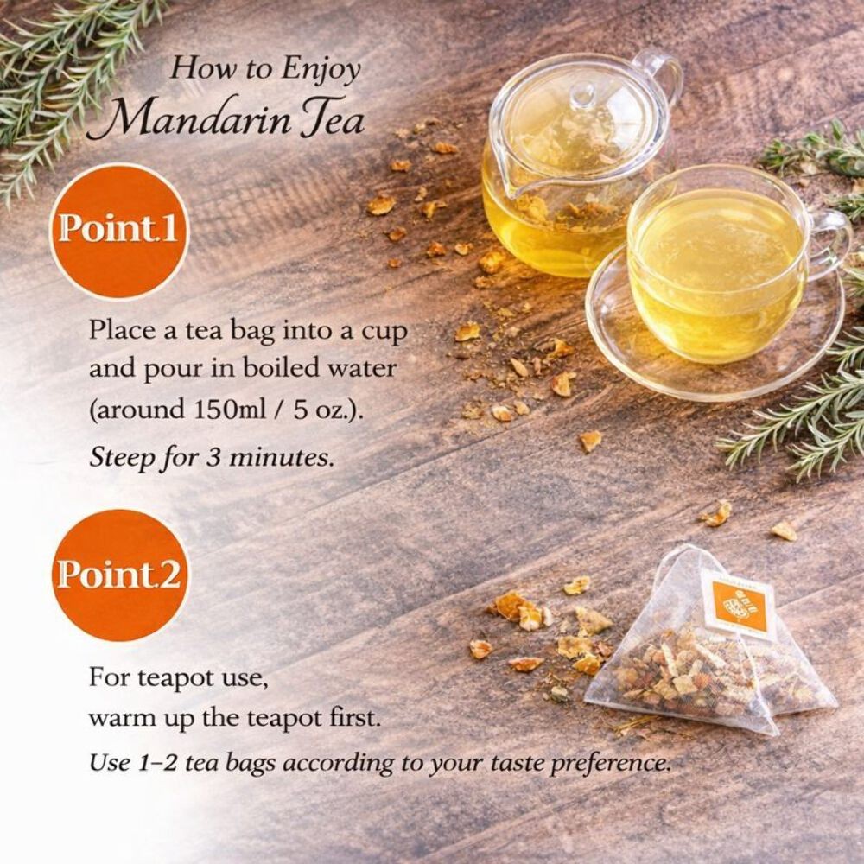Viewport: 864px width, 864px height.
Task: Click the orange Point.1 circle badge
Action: pyautogui.click(x=119, y=232)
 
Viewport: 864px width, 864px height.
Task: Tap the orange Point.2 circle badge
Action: pyautogui.click(x=119, y=575)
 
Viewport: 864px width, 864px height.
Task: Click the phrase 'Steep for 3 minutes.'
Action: pyautogui.click(x=213, y=458)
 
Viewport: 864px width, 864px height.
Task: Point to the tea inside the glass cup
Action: pyautogui.click(x=716, y=264)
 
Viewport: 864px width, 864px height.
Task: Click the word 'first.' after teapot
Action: pyautogui.click(x=351, y=718)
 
